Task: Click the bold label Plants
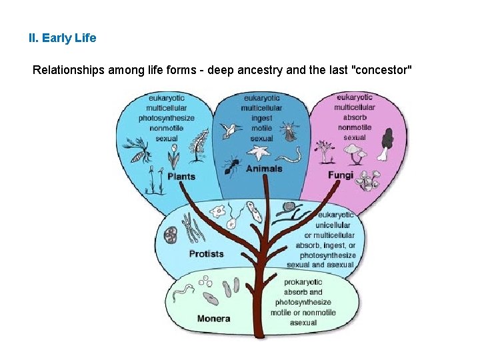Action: pos(181,177)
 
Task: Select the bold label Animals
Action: pos(264,169)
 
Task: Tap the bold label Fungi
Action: pos(340,175)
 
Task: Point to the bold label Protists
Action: pos(206,254)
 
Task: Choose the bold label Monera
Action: pos(213,319)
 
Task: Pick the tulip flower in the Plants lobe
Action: pos(173,155)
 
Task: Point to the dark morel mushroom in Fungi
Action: pos(386,142)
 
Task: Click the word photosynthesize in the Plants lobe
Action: pos(167,119)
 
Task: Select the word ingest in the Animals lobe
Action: pos(261,118)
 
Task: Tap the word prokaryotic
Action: pos(303,282)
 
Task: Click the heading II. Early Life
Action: pos(62,38)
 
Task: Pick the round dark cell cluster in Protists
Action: pos(171,235)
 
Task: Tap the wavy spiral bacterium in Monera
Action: pos(183,291)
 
